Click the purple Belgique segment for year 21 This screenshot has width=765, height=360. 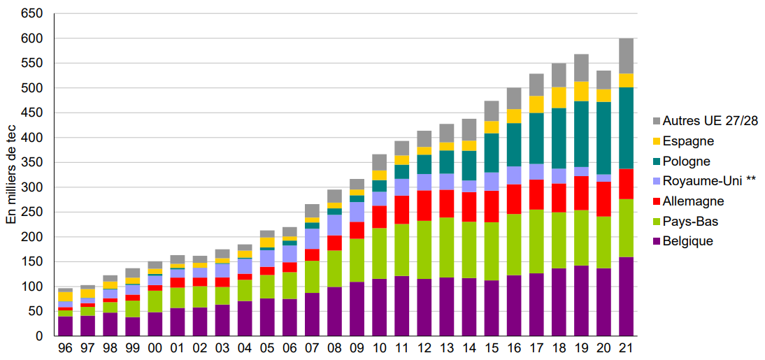coord(626,296)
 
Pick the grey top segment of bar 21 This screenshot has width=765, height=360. coord(626,56)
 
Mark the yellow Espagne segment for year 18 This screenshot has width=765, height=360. coord(559,98)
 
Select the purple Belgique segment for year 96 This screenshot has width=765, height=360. coord(65,326)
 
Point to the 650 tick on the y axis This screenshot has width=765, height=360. coord(34,14)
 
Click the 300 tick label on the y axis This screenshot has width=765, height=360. coord(34,187)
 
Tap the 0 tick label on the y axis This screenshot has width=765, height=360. coord(40,336)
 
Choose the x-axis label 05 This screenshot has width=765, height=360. coord(267,348)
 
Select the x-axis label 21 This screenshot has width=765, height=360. coord(626,348)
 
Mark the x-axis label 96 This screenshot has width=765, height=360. coord(65,348)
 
